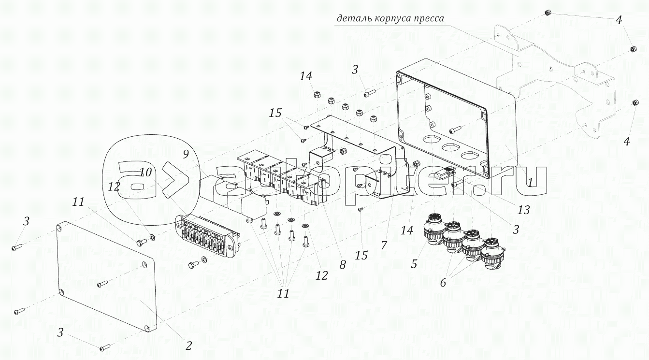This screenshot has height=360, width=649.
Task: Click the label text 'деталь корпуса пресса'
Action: tap(390, 19)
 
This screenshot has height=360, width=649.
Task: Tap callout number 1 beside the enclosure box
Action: tap(530, 183)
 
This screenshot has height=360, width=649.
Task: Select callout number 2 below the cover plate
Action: tap(189, 346)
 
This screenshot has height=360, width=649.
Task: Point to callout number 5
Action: tap(415, 264)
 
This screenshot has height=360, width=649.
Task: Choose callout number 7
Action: tap(384, 245)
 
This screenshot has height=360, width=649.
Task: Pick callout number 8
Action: tap(342, 264)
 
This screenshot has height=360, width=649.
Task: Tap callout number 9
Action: tap(186, 155)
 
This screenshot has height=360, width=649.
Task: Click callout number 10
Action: tap(146, 172)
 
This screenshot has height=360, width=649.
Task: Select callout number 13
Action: tap(523, 210)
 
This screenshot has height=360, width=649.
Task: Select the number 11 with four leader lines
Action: tap(283, 293)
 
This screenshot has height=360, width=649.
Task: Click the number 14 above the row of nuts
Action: tap(305, 76)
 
